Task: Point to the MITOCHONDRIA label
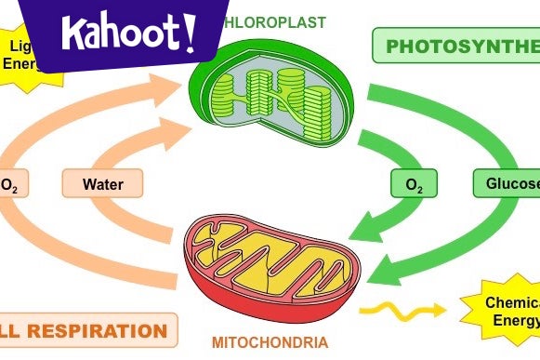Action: (270, 342)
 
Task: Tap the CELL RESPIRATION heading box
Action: (88, 330)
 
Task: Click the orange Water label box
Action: (102, 184)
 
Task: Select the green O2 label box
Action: (415, 184)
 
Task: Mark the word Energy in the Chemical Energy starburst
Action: (516, 322)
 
